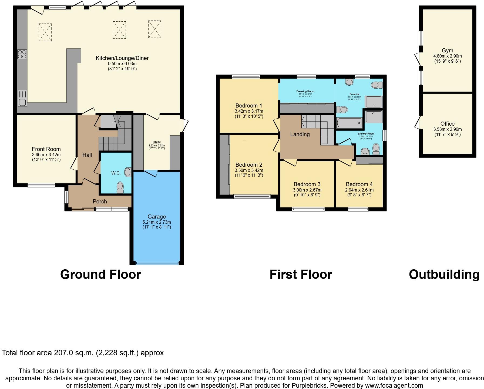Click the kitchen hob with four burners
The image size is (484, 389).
pyautogui.click(x=22, y=54)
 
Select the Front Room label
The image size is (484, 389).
pyautogui.click(x=46, y=149)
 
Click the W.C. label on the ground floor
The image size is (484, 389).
pyautogui.click(x=116, y=173)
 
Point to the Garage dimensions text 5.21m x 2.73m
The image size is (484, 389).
pyautogui.click(x=157, y=222)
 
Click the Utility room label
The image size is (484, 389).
pyautogui.click(x=157, y=142)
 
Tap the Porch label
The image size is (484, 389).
pyautogui.click(x=100, y=202)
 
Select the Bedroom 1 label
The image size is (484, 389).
pyautogui.click(x=249, y=106)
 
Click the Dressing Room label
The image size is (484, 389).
pyautogui.click(x=305, y=91)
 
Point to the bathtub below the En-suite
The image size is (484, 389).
pyautogui.click(x=349, y=123)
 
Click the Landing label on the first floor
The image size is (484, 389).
pyautogui.click(x=300, y=134)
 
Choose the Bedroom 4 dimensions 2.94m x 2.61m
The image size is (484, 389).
pyautogui.click(x=359, y=190)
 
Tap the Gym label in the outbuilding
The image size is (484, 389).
pyautogui.click(x=448, y=51)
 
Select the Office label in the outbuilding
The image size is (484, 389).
pyautogui.click(x=448, y=124)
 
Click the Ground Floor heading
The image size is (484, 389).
pyautogui.click(x=100, y=274)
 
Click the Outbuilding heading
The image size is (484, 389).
pyautogui.click(x=444, y=274)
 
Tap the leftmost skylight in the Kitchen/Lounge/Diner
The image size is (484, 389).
pyautogui.click(x=45, y=32)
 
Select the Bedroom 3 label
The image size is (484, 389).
pyautogui.click(x=307, y=184)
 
